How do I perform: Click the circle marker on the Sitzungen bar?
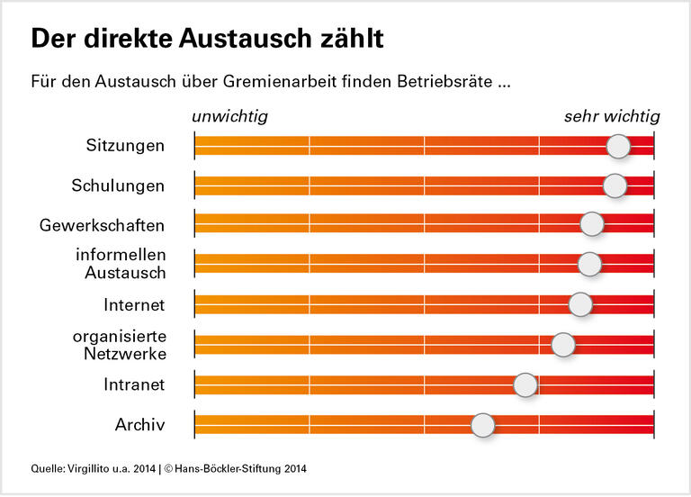pos(618,146)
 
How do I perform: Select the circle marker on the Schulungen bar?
pos(615,185)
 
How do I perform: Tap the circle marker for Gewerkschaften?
pos(591,225)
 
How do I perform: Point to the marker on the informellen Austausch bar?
pos(589,264)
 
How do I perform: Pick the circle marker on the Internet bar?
pos(581,304)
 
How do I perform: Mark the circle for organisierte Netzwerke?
pos(563,344)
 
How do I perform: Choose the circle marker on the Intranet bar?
pos(525,385)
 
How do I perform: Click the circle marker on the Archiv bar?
pos(483,425)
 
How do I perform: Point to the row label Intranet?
pos(134,385)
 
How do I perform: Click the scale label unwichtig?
pos(229,116)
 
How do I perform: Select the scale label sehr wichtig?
pos(612,116)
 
